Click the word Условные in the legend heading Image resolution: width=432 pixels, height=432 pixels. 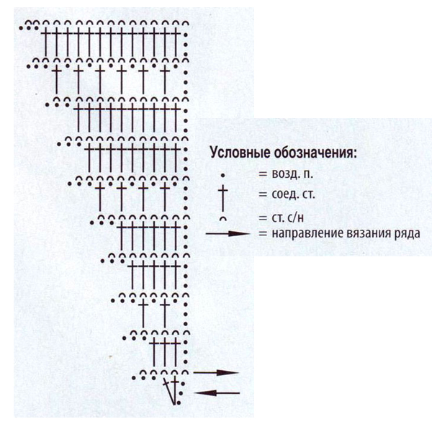tap(240, 152)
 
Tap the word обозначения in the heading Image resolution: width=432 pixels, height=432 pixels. tap(314, 153)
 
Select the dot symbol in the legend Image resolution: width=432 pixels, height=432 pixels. tap(223, 175)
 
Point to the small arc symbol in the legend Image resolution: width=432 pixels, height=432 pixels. tap(223, 218)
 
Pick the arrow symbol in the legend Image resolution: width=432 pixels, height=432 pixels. tap(228, 233)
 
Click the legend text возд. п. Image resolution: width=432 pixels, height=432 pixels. tap(292, 174)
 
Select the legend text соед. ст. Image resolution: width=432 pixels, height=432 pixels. tap(293, 194)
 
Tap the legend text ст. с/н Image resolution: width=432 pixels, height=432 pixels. tap(287, 217)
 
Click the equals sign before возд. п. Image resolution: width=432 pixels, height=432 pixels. tap(263, 174)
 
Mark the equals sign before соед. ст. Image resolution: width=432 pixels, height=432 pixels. tap(263, 195)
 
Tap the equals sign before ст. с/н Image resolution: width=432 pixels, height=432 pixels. tap(263, 218)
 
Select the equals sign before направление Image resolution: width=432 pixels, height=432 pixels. tap(263, 234)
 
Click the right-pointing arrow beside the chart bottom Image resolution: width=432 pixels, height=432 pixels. tap(216, 373)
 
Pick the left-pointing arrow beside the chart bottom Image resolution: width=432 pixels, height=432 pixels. tap(217, 393)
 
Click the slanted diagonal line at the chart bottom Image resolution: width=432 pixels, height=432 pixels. tap(170, 392)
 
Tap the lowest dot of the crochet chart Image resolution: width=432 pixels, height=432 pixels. tap(179, 402)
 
